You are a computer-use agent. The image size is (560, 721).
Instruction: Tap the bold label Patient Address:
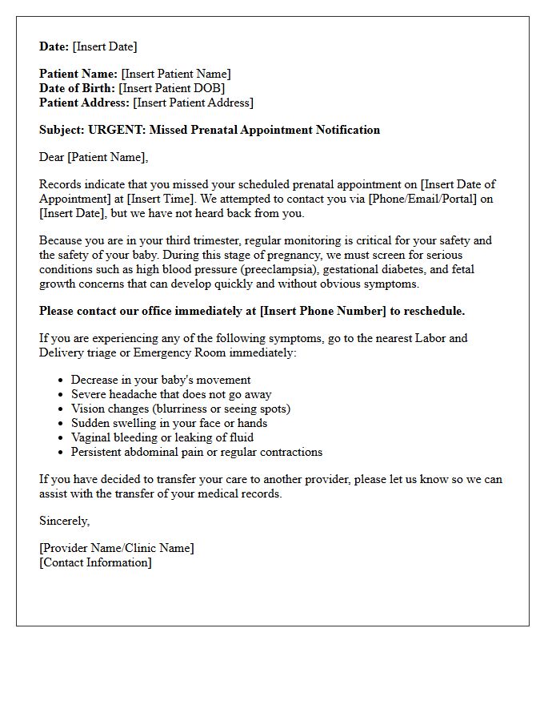click(x=84, y=103)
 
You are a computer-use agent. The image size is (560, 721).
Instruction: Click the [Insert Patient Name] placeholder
click(x=175, y=74)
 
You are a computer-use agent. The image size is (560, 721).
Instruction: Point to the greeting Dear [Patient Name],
click(x=94, y=157)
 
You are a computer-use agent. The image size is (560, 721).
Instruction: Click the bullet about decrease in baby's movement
click(x=160, y=380)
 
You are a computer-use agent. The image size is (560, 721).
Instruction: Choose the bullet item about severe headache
click(x=170, y=394)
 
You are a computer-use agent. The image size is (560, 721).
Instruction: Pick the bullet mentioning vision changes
click(x=180, y=409)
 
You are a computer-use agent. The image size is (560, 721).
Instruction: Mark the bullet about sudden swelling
click(x=169, y=423)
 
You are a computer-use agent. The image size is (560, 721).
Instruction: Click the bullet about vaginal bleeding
click(x=162, y=437)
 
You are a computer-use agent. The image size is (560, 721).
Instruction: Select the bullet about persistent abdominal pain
click(x=196, y=452)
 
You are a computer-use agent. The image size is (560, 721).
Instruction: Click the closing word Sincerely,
click(x=64, y=521)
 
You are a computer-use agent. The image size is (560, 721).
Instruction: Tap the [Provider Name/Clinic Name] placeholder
click(x=116, y=548)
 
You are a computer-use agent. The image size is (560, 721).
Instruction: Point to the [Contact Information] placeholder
click(x=95, y=562)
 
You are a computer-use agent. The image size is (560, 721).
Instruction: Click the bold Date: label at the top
click(x=54, y=46)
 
